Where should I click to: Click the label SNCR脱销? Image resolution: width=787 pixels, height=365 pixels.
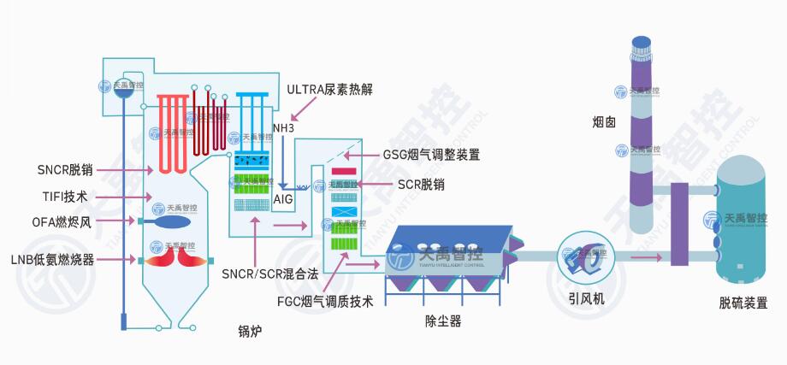[65, 169]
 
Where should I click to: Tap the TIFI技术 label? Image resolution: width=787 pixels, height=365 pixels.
[64, 196]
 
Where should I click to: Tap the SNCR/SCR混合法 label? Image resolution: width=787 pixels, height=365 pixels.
[269, 274]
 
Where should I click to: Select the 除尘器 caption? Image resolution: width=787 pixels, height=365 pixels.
[443, 321]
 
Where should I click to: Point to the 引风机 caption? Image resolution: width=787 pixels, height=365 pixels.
[586, 299]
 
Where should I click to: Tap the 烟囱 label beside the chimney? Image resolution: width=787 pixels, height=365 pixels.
[604, 121]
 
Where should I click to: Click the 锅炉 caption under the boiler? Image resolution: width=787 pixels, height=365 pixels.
[250, 330]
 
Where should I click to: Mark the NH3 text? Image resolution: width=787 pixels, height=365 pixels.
[283, 128]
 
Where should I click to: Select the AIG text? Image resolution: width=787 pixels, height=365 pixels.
[283, 199]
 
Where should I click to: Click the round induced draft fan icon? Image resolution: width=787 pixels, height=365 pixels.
[584, 256]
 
